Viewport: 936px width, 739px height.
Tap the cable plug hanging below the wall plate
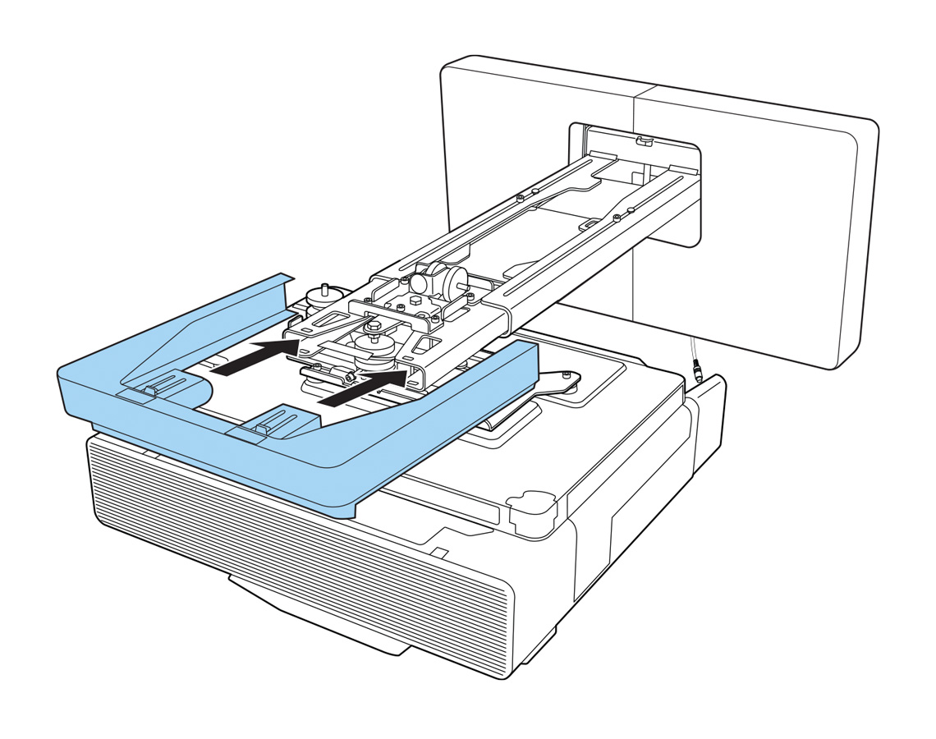(699, 374)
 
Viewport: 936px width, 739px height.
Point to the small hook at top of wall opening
(645, 141)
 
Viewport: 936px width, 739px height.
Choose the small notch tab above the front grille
(439, 552)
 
